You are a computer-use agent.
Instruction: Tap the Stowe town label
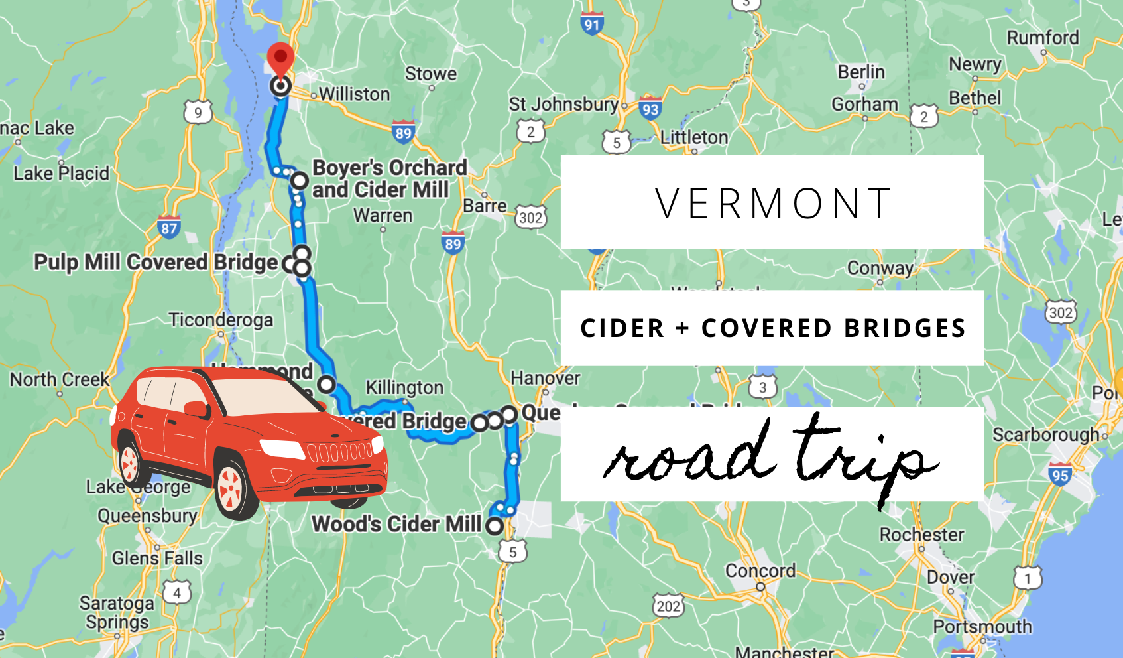(x=431, y=74)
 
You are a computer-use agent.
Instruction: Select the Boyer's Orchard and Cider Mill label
(x=389, y=178)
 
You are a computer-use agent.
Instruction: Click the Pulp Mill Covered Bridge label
(x=156, y=263)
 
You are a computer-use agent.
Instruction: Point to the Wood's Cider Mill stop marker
(x=495, y=526)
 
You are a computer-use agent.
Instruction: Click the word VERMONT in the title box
(x=772, y=203)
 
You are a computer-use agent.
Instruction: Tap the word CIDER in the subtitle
(x=622, y=328)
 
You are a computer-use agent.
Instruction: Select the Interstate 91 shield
(x=591, y=24)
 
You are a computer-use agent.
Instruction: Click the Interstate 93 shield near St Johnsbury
(x=650, y=108)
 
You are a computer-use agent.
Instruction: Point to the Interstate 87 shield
(x=169, y=228)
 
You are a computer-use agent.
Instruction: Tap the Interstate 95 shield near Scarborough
(x=1060, y=474)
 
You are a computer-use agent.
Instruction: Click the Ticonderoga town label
(x=221, y=320)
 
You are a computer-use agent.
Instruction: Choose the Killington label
(x=404, y=387)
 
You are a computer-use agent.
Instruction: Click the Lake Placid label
(x=61, y=174)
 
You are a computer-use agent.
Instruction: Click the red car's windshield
(x=265, y=397)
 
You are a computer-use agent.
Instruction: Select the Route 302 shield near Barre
(x=531, y=217)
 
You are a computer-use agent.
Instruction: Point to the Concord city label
(x=760, y=571)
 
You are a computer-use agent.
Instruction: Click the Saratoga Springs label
(x=117, y=612)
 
